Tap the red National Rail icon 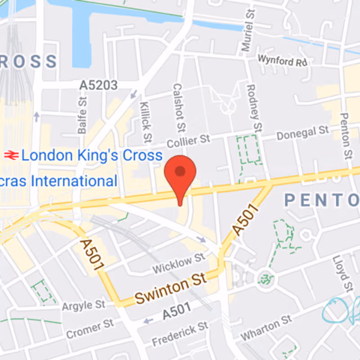pos(11,156)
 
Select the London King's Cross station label pos(92,156)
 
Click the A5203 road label pos(99,85)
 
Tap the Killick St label pos(145,121)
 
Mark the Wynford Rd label pos(282,60)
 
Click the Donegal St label pos(302,133)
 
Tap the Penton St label pos(345,135)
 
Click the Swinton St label pos(171,288)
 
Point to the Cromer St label pos(90,329)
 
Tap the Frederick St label pos(180,333)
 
